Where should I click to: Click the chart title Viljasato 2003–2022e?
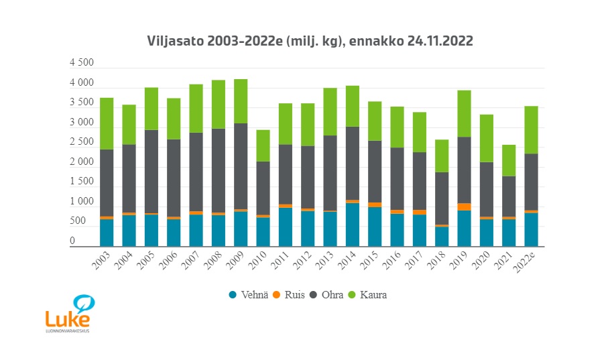(310, 41)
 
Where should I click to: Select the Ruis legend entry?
(294, 295)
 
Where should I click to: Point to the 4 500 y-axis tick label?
(82, 64)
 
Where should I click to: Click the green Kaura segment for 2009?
(241, 101)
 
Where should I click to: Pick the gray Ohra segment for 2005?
(151, 171)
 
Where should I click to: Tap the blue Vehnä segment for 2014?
(353, 225)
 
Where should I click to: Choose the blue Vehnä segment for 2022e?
(532, 229)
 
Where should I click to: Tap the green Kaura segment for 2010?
(263, 145)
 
